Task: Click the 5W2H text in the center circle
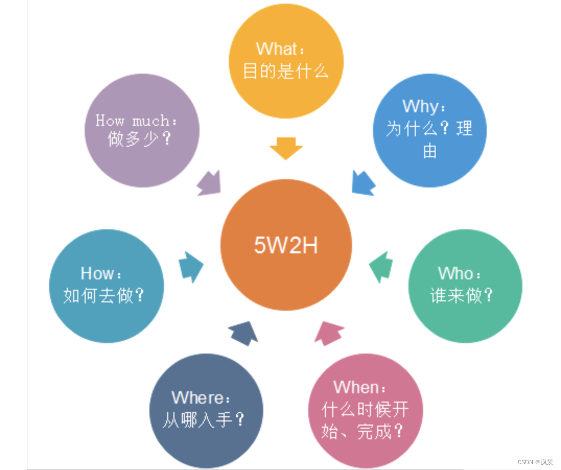pyautogui.click(x=286, y=245)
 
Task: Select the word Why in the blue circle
pyautogui.click(x=421, y=107)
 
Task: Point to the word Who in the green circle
pyautogui.click(x=456, y=273)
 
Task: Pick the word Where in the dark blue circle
pyautogui.click(x=198, y=398)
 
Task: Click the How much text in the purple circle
pyautogui.click(x=133, y=121)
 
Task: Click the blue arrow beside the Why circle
pyautogui.click(x=363, y=183)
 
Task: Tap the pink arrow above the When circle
pyautogui.click(x=329, y=333)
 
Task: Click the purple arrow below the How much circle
pyautogui.click(x=209, y=183)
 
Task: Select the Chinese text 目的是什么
pyautogui.click(x=286, y=71)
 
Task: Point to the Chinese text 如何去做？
pyautogui.click(x=104, y=296)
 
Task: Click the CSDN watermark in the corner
pyautogui.click(x=535, y=462)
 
